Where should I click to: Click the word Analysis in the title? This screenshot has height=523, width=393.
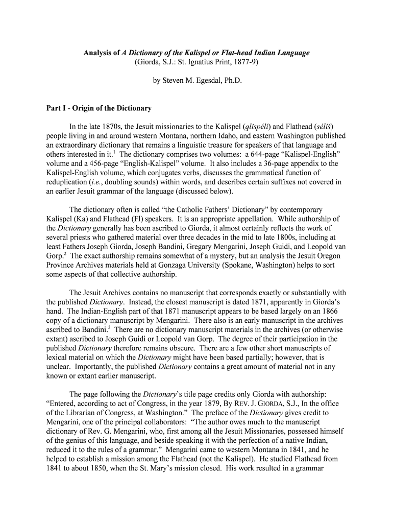point(99,53)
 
